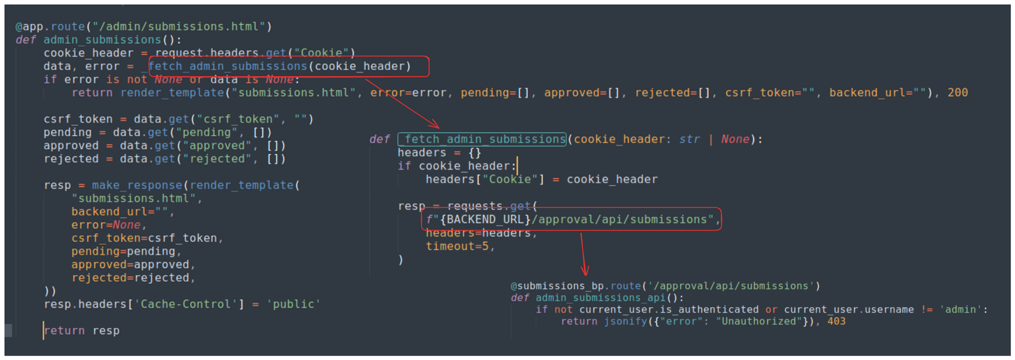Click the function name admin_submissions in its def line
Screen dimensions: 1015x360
(102, 40)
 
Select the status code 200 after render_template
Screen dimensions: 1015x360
(958, 93)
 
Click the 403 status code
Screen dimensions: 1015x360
(836, 321)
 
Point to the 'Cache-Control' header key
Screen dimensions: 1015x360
(185, 304)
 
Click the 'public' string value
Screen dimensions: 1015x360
(293, 304)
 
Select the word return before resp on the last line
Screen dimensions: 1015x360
(65, 330)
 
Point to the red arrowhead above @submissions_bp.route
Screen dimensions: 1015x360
(585, 270)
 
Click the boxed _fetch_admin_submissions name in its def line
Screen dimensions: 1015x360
(482, 139)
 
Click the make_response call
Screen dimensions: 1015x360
(137, 185)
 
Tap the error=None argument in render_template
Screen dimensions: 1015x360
(106, 225)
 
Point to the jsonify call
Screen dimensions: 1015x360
(626, 321)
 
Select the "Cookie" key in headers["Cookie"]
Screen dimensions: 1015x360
(510, 180)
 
